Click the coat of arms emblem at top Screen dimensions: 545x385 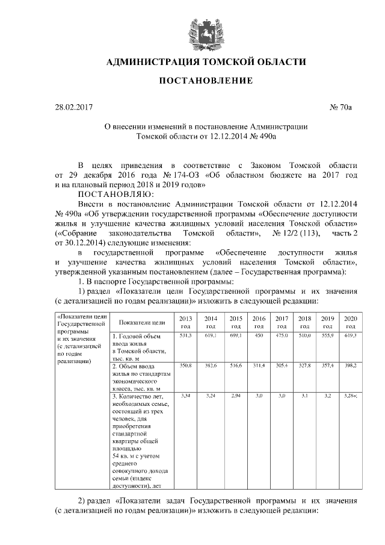pos(205,28)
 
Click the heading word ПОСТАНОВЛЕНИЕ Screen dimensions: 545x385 pos(205,81)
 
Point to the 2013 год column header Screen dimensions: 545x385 pos(185,322)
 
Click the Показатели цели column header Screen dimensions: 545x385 pos(142,322)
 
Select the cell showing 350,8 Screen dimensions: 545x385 pos(185,365)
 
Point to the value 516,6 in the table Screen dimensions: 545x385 pos(236,365)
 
